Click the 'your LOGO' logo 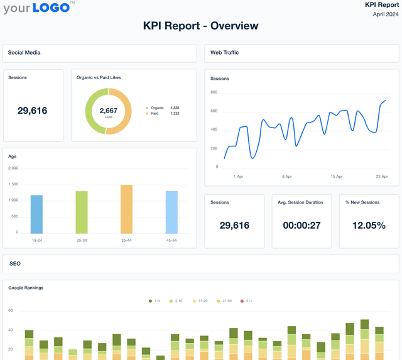tap(38, 8)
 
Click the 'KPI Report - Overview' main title tap(200, 26)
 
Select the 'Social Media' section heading tap(24, 53)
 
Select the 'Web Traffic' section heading tap(225, 53)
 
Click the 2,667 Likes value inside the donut tap(109, 111)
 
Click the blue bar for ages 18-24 tap(36, 214)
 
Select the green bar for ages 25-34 tap(81, 212)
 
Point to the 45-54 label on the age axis tap(171, 239)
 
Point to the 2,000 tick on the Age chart tap(13, 168)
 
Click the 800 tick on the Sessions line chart tap(214, 92)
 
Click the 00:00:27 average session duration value tap(301, 226)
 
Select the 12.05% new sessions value tap(369, 226)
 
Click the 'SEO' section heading tap(15, 264)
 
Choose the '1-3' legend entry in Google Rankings tap(154, 301)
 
